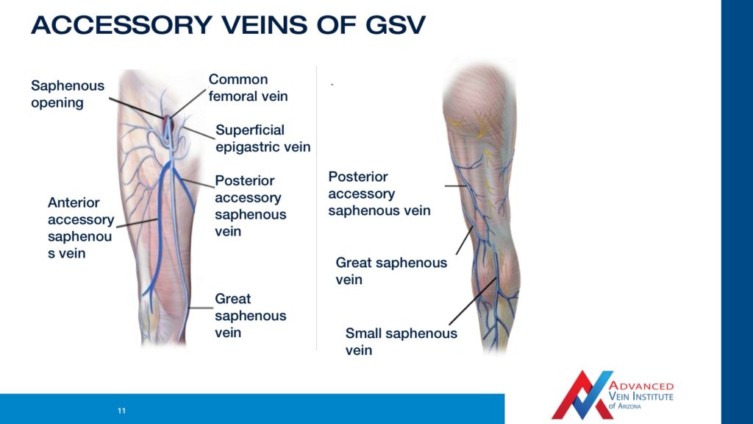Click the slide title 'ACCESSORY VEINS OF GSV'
point(228,25)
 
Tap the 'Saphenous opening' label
point(67,93)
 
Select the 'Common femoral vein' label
point(248,88)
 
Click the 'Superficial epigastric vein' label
point(263,138)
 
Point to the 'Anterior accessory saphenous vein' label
point(81,227)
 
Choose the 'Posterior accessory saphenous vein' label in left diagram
point(250,206)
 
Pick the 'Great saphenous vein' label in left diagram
point(250,315)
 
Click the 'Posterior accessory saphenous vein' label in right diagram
point(379,194)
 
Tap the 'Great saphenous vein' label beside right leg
point(391,271)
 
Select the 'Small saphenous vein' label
point(401,342)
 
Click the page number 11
point(121,411)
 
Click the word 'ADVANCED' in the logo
point(641,386)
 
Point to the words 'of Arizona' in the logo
point(624,406)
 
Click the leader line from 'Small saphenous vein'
point(473,301)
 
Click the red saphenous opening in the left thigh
point(167,123)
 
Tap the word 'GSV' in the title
point(395,25)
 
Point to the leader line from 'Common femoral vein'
point(189,103)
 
